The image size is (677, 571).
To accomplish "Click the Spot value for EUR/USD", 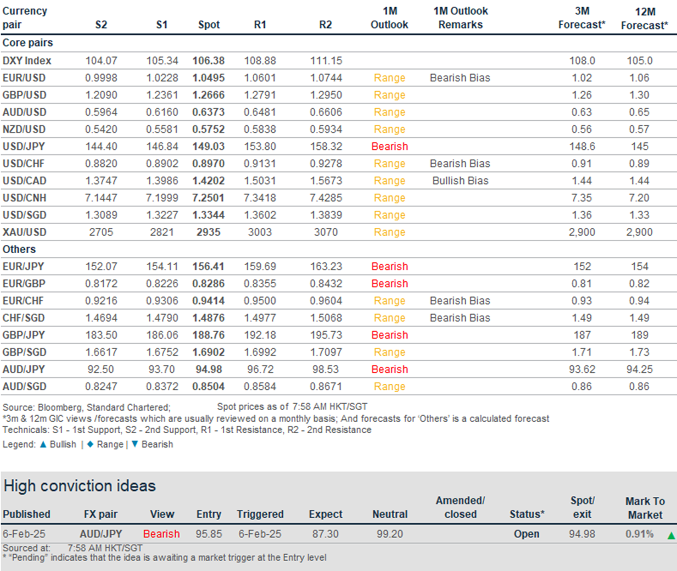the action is pyautogui.click(x=209, y=78).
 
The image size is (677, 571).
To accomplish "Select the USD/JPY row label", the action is pyautogui.click(x=24, y=147).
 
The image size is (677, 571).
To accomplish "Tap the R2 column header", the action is pyautogui.click(x=326, y=25).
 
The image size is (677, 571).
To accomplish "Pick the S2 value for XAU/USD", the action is pyautogui.click(x=101, y=232).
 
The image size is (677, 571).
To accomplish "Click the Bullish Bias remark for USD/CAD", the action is pyautogui.click(x=460, y=181).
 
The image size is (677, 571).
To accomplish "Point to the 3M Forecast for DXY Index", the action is pyautogui.click(x=582, y=60).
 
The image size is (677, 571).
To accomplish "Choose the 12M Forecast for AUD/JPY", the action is pyautogui.click(x=639, y=370).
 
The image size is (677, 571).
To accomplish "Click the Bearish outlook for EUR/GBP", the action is pyautogui.click(x=389, y=284).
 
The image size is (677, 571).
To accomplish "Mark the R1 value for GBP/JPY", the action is pyautogui.click(x=260, y=335).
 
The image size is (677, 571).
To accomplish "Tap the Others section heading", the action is pyautogui.click(x=19, y=249).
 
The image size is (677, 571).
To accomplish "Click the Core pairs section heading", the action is pyautogui.click(x=27, y=43).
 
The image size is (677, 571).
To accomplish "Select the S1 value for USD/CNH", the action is pyautogui.click(x=162, y=198).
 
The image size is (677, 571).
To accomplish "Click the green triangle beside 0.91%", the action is pyautogui.click(x=671, y=536).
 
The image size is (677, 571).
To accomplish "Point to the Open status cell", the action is pyautogui.click(x=526, y=534).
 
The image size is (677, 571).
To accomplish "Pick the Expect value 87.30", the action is pyautogui.click(x=325, y=534).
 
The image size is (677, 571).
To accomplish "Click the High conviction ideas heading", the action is pyautogui.click(x=80, y=486).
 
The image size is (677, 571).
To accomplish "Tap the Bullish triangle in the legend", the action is pyautogui.click(x=43, y=445).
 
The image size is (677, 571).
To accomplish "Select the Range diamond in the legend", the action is pyautogui.click(x=91, y=445).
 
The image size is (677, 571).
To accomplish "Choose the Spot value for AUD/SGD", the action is pyautogui.click(x=209, y=387).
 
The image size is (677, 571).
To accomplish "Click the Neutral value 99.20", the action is pyautogui.click(x=389, y=534).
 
